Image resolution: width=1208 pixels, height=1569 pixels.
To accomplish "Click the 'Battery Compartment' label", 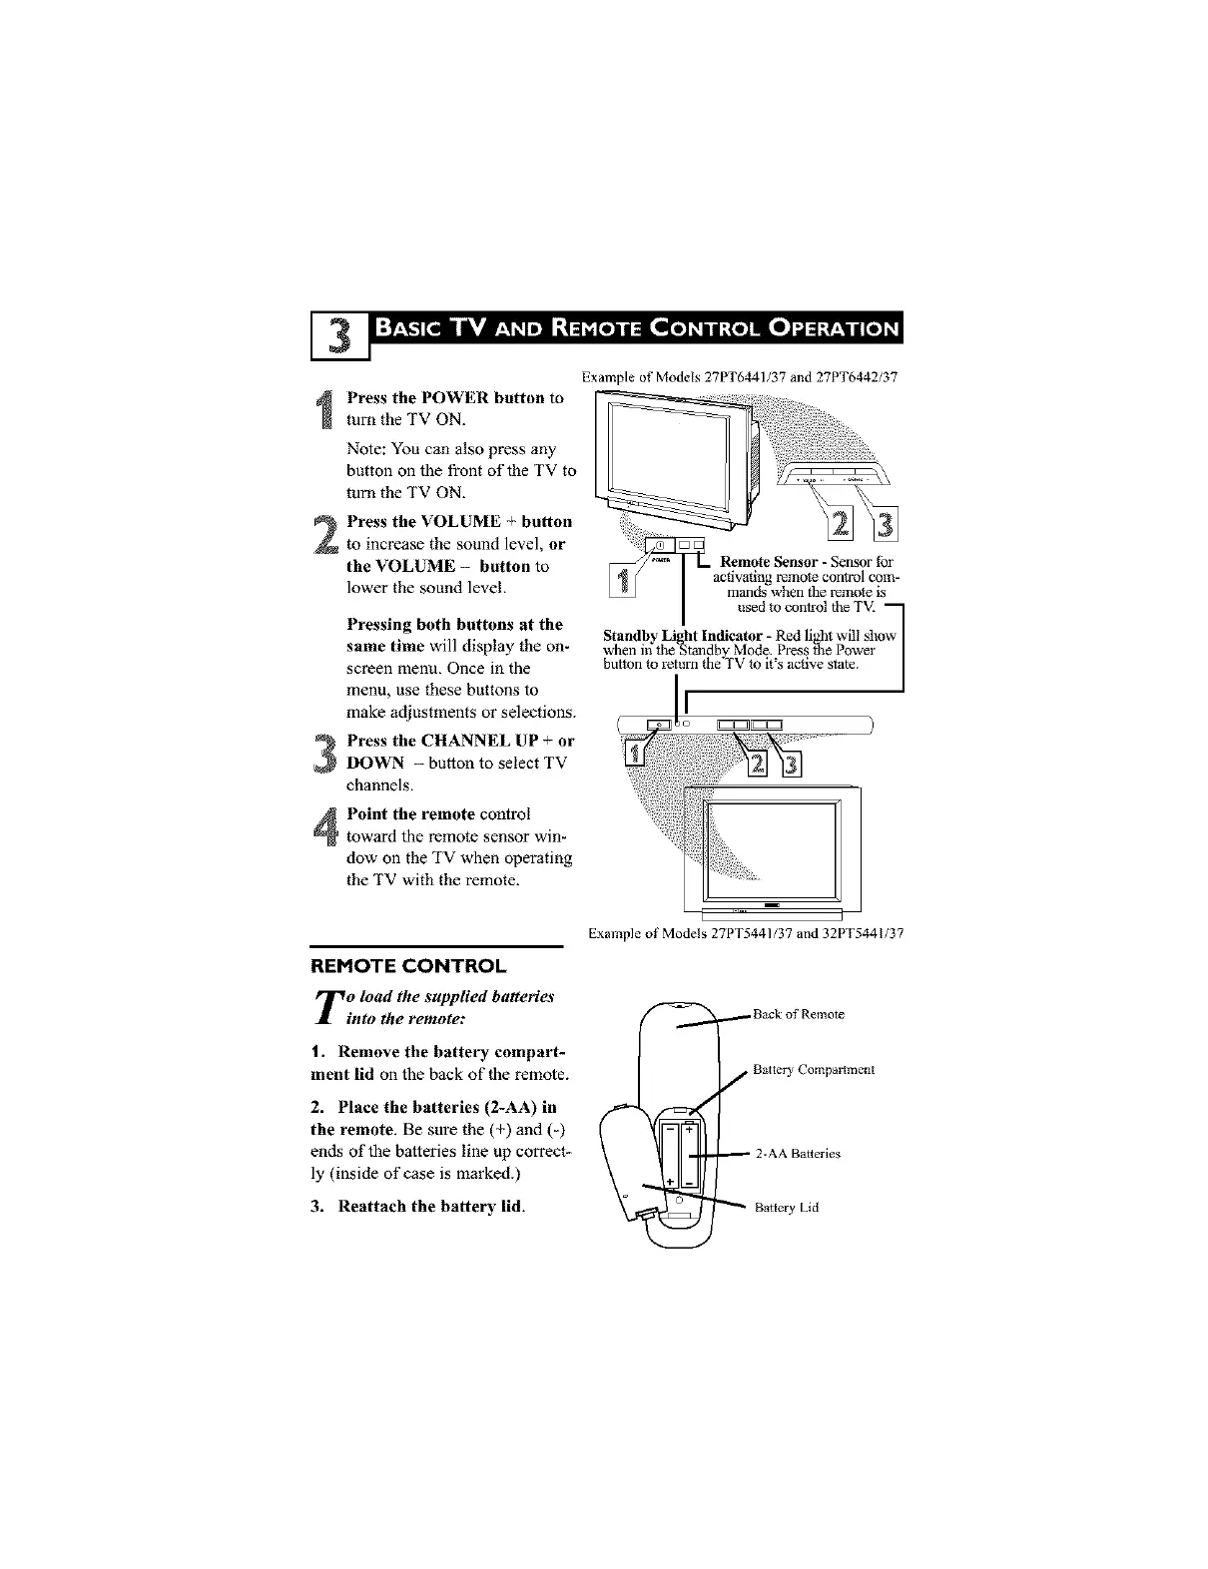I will pyautogui.click(x=813, y=1070).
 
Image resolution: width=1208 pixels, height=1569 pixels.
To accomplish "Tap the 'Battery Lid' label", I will pyautogui.click(x=786, y=1207).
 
